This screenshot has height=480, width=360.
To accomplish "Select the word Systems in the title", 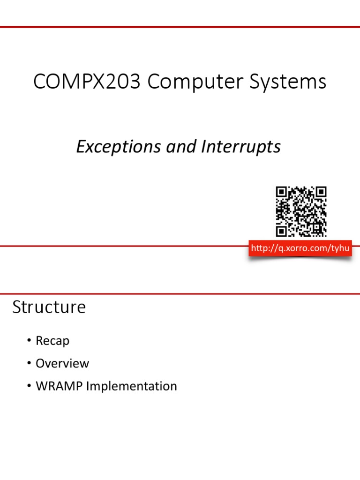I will pos(288,82).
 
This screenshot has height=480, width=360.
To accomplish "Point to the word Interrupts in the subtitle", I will pos(241,147).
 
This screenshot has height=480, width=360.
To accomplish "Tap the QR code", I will pos(300,211).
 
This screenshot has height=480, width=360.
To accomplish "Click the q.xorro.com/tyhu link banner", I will pos(300,248).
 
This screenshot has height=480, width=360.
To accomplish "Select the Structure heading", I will pos(49,307).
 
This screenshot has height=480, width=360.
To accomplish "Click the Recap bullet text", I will pos(52,341).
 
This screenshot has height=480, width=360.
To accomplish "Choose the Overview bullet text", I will pos(62,363).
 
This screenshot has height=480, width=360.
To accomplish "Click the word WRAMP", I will pos(57,386).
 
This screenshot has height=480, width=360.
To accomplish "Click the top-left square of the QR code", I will pos(281,192).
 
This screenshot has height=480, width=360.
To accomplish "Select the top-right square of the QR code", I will pos(321,192).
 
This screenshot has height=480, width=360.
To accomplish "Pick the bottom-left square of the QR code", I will pos(281,231).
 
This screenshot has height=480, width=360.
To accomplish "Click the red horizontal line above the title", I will pos(180,27).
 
